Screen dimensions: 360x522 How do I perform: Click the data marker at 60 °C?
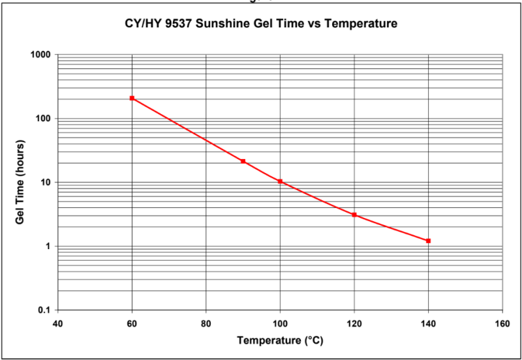click(132, 98)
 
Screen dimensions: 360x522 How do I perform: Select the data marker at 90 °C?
click(243, 161)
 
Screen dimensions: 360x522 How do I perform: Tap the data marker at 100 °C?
click(280, 181)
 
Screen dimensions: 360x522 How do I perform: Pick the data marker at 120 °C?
click(354, 215)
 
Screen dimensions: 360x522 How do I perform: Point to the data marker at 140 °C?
click(428, 241)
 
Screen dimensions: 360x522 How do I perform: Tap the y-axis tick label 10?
click(45, 183)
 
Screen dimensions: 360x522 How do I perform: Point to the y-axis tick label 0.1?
click(44, 310)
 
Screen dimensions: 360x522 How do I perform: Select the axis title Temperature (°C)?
click(280, 340)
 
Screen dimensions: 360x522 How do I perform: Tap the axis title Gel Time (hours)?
click(20, 182)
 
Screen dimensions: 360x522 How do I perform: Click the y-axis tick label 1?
click(48, 247)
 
